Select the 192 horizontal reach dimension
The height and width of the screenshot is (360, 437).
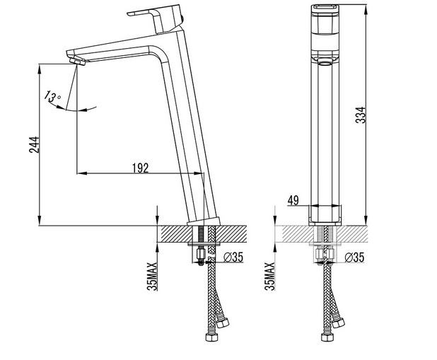(x=140, y=168)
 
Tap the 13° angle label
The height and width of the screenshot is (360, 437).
(x=52, y=96)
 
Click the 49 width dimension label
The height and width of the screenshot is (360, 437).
(x=293, y=201)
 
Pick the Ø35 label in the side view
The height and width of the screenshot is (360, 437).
(x=233, y=258)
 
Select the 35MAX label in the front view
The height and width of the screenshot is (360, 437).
(x=269, y=275)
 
